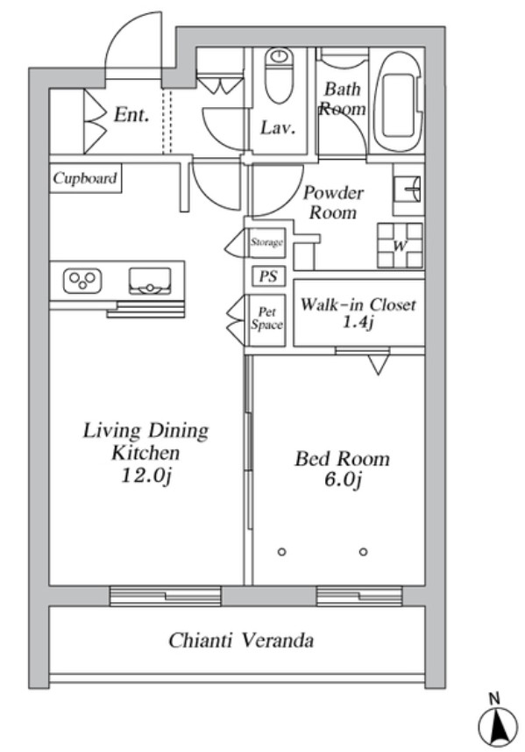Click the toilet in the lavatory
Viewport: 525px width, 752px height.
tap(279, 75)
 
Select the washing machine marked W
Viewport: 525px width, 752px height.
tap(401, 245)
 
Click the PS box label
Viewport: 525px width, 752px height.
tap(269, 276)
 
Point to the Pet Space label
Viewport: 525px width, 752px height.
tap(266, 319)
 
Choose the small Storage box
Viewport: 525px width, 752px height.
tap(266, 243)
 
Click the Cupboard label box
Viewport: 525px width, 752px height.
tap(85, 178)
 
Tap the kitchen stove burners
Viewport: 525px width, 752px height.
tap(82, 280)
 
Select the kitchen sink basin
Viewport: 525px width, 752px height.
tap(150, 281)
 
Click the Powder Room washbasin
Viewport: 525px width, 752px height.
tap(408, 189)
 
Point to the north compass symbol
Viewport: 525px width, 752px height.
tap(498, 724)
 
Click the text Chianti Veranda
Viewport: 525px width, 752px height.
tap(241, 640)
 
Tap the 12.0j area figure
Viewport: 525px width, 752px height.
tap(146, 476)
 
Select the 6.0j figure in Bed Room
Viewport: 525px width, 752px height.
tap(342, 480)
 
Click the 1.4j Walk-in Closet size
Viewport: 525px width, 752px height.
tap(358, 322)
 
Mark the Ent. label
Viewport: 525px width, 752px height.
tap(131, 115)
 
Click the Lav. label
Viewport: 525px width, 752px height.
tap(277, 127)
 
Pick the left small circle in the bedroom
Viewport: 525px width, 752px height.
tap(281, 552)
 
